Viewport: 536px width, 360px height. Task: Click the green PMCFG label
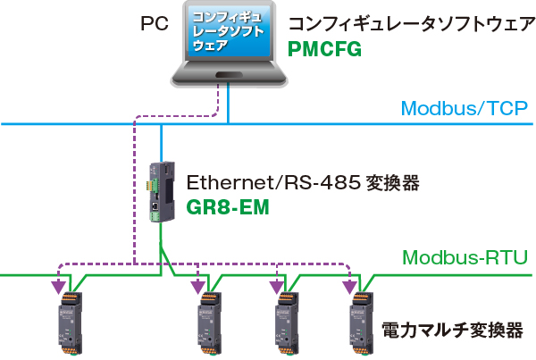click(x=324, y=49)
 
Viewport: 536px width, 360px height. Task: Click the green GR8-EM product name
click(x=227, y=206)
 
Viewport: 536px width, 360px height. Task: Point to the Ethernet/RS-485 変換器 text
click(x=303, y=183)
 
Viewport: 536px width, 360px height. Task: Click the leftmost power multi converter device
click(x=67, y=321)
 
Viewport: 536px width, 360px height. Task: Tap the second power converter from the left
click(x=207, y=321)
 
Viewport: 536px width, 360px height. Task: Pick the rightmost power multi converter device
click(x=361, y=321)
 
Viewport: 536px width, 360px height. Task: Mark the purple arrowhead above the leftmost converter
click(x=59, y=287)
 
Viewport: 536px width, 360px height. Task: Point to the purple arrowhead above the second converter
click(x=198, y=287)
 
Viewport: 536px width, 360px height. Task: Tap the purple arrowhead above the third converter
click(x=278, y=287)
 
